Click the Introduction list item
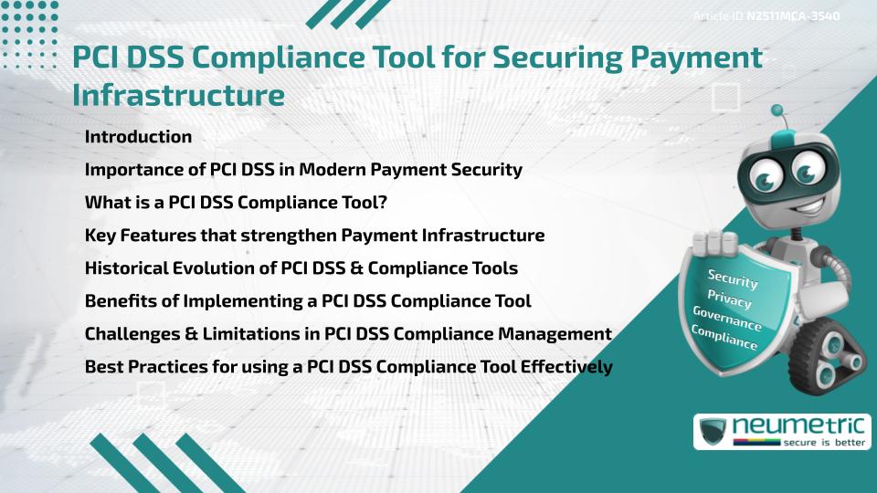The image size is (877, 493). (x=138, y=137)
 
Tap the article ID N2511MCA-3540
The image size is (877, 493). (x=792, y=16)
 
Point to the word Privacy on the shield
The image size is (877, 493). (x=729, y=299)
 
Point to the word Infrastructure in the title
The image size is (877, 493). (x=179, y=94)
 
